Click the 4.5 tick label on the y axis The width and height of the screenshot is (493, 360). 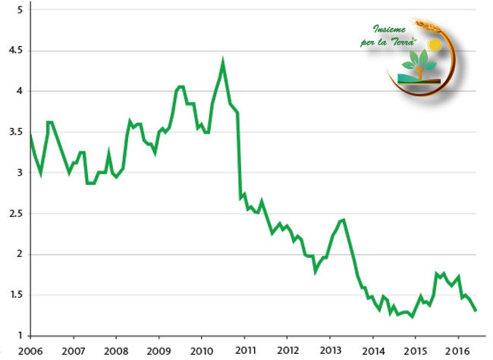[x=15, y=50]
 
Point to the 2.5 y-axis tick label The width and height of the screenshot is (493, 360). [x=15, y=213]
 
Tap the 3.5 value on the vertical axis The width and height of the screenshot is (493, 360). [x=15, y=132]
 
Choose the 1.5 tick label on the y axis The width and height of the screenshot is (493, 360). [x=15, y=295]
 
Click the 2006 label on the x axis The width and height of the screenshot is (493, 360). [x=30, y=351]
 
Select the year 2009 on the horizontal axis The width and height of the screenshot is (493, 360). [x=159, y=351]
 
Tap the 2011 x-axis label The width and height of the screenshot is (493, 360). [x=244, y=351]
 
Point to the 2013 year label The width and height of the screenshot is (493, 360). [x=330, y=351]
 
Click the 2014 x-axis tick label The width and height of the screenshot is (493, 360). [x=372, y=351]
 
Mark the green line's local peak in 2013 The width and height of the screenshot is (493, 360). [x=343, y=220]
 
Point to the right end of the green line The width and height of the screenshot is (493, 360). [x=476, y=311]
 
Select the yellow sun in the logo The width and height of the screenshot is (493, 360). [x=434, y=45]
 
